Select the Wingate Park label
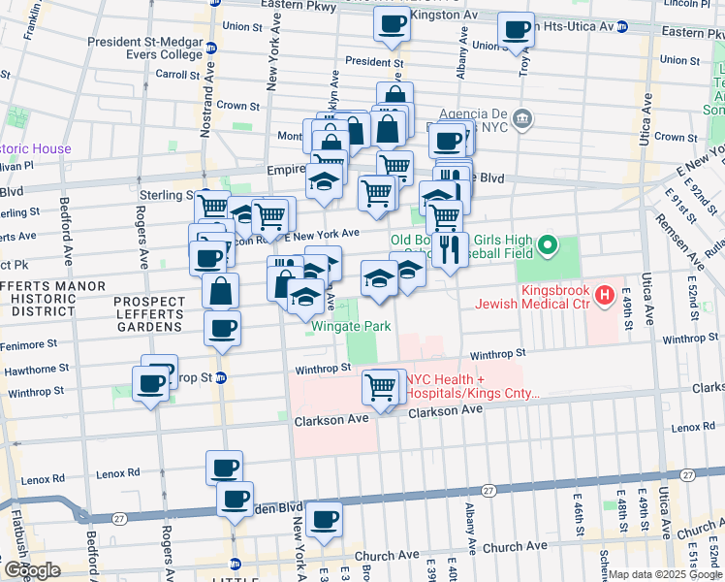[x=351, y=326]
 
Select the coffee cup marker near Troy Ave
[x=517, y=29]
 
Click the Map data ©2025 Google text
[x=665, y=574]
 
